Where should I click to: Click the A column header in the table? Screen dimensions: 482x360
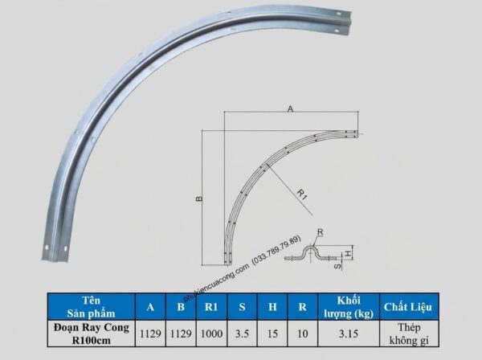point(150,307)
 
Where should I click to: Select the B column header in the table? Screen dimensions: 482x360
point(181,307)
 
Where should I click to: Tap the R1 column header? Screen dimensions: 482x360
point(211,307)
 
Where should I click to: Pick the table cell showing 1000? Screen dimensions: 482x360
point(211,333)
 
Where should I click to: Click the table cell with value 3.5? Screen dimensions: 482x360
point(242,333)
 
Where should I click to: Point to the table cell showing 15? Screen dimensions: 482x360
point(272,333)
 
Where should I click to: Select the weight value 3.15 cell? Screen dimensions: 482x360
point(349,333)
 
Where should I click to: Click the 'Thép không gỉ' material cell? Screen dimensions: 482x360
point(409,333)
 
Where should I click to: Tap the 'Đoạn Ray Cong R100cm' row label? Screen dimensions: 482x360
point(92,333)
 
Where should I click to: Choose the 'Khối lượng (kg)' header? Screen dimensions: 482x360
point(349,307)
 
